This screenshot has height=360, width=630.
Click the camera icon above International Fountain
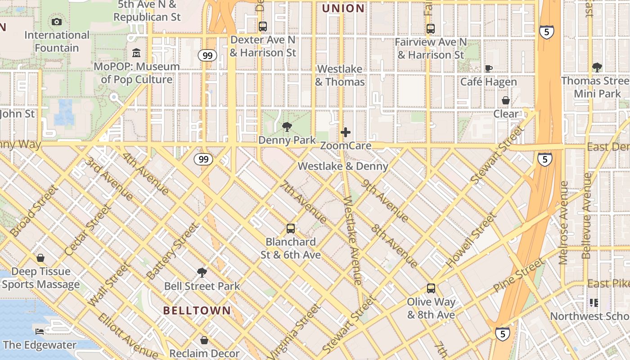[x=57, y=22]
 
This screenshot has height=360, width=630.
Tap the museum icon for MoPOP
[x=136, y=53]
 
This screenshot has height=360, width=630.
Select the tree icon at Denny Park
[x=287, y=127]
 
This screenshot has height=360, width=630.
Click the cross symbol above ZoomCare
[x=346, y=132]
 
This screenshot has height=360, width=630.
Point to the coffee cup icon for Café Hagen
[x=488, y=68]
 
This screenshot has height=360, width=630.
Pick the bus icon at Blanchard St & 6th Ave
[x=291, y=229]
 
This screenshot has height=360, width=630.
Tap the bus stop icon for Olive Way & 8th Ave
[x=431, y=288]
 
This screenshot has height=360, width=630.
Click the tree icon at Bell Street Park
[x=202, y=272]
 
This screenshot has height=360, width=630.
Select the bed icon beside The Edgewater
[x=40, y=332]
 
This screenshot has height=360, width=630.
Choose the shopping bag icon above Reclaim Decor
[x=204, y=340]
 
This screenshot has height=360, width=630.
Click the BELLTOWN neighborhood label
[x=197, y=310]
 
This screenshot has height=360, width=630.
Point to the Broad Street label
[x=34, y=211]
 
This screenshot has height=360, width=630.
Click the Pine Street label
[x=518, y=275]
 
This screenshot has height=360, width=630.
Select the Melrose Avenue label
[x=563, y=223]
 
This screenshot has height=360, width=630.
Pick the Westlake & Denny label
[x=343, y=166]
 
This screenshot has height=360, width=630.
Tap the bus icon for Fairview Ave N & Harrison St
[x=431, y=28]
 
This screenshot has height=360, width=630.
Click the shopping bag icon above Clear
[x=506, y=100]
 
